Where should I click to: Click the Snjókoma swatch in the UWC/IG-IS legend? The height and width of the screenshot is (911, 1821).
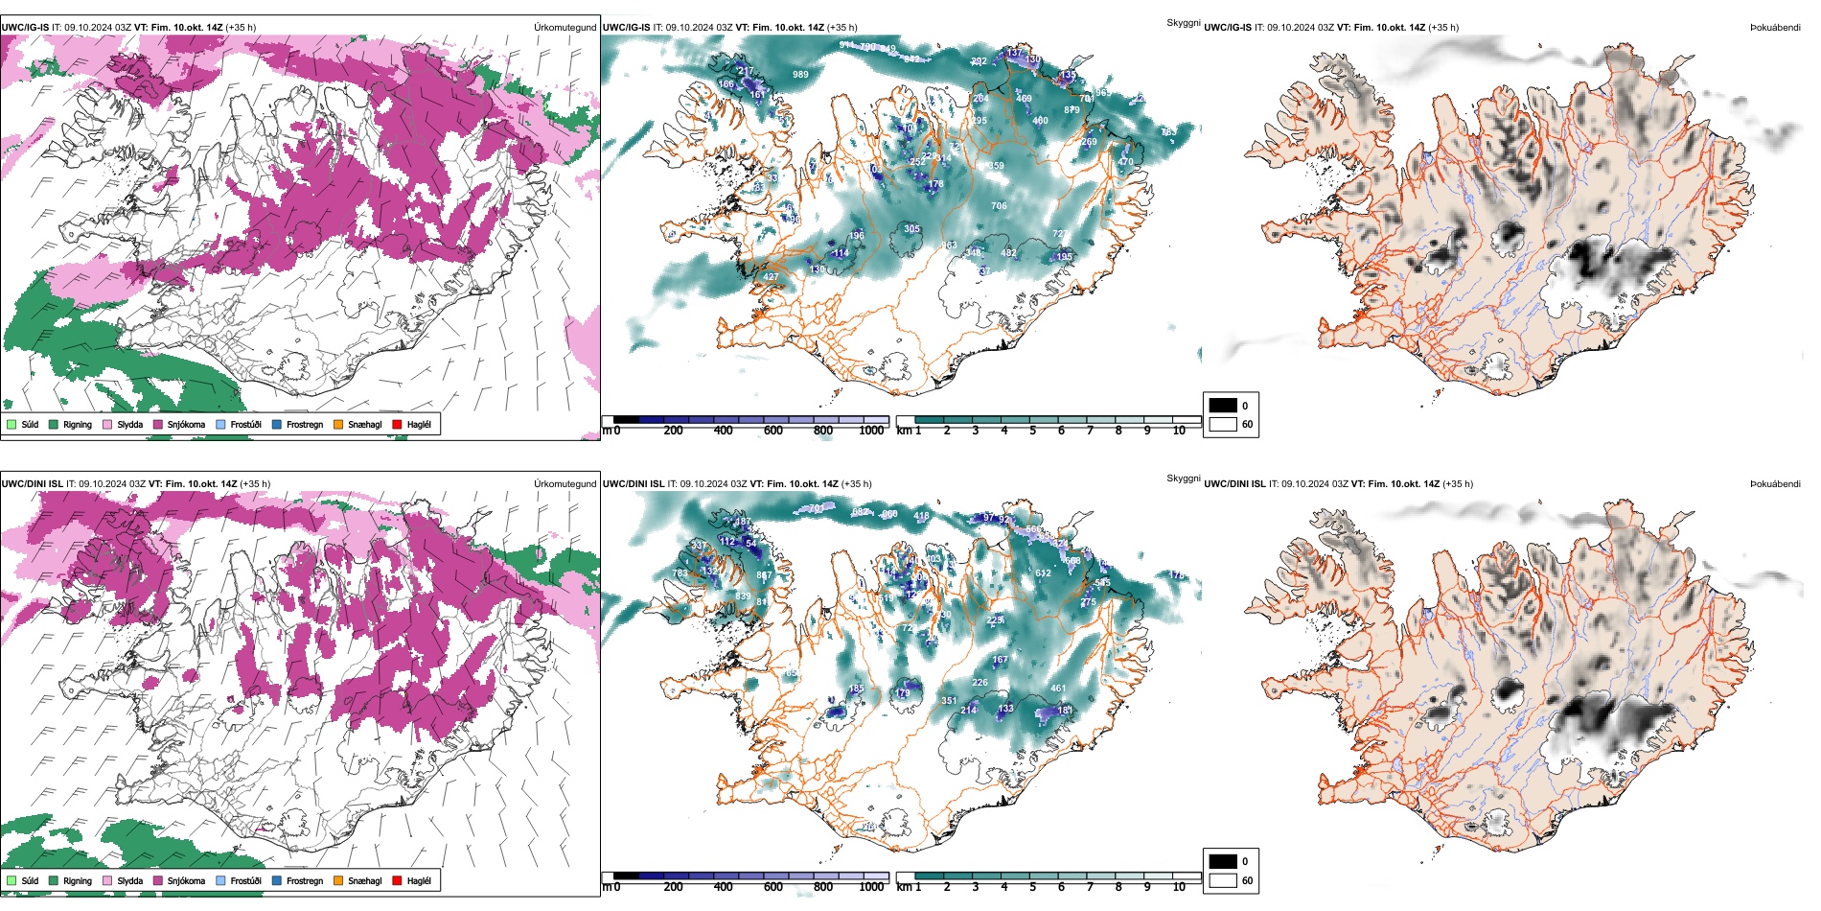[x=158, y=424]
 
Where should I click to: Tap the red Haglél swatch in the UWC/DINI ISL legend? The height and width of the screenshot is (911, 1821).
[x=397, y=880]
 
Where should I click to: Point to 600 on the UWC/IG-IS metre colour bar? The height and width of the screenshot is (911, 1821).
[x=773, y=431]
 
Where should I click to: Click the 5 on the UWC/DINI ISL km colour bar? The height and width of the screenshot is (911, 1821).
[x=1033, y=887]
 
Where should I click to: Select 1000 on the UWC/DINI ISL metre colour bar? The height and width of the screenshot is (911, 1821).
[x=871, y=887]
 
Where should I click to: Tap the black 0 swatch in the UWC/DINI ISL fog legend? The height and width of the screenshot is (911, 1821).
[x=1223, y=861]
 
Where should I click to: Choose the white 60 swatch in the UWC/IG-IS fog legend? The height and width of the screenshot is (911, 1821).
[x=1223, y=424]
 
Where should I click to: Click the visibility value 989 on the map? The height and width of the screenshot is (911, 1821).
[x=800, y=74]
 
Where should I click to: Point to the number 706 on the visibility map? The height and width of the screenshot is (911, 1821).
[x=999, y=206]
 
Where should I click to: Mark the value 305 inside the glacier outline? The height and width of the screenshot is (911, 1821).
[x=911, y=229]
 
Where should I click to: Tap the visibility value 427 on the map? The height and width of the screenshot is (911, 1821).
[x=771, y=277]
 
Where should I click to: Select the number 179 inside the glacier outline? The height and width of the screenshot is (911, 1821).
[x=903, y=693]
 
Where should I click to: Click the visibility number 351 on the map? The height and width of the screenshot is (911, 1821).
[x=948, y=701]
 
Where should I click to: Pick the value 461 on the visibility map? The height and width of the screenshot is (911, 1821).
[x=1058, y=688]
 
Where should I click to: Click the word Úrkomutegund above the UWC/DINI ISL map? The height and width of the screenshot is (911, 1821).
[x=565, y=483]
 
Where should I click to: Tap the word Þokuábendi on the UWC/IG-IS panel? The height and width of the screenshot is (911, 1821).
[x=1775, y=28]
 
